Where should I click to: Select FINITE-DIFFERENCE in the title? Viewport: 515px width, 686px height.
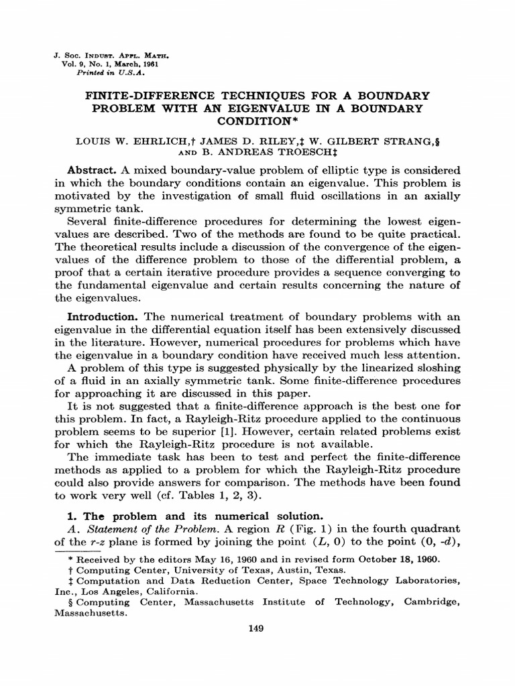click(x=148, y=95)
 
